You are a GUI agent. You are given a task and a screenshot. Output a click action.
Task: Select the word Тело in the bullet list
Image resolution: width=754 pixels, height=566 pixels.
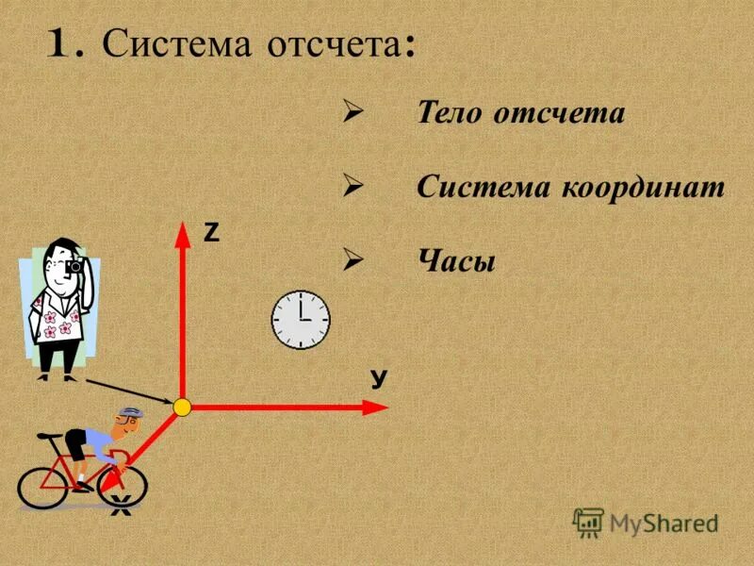pos(448,113)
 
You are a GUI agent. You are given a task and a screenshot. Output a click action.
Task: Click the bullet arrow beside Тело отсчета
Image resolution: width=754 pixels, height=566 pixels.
pos(353,113)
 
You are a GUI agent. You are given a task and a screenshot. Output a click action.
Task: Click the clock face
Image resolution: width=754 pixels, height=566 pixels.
pos(301,319)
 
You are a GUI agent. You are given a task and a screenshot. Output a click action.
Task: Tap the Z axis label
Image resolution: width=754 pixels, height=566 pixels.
pos(211,234)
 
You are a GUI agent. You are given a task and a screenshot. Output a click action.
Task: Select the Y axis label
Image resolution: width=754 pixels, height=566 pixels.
pos(379,379)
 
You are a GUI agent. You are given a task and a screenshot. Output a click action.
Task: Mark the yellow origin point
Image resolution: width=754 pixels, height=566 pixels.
pos(183,407)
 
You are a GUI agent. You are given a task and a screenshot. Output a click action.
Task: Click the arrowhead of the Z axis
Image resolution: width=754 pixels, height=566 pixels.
pos(181,231)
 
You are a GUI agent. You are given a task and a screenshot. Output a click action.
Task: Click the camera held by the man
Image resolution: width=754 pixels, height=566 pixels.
pos(74,267)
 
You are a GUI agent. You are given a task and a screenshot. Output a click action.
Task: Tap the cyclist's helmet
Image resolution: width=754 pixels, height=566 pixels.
pos(129,414)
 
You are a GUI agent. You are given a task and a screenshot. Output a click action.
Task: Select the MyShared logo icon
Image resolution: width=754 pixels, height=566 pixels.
pos(588,522)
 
